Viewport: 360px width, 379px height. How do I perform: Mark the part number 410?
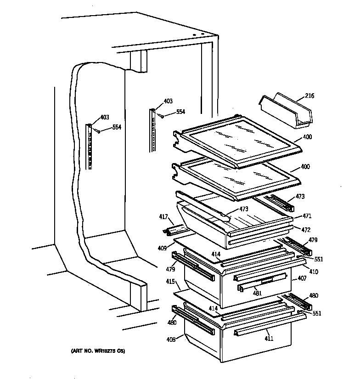point(313,272)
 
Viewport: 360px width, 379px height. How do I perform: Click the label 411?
point(269,339)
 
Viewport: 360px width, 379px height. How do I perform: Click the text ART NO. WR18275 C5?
point(98,351)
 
